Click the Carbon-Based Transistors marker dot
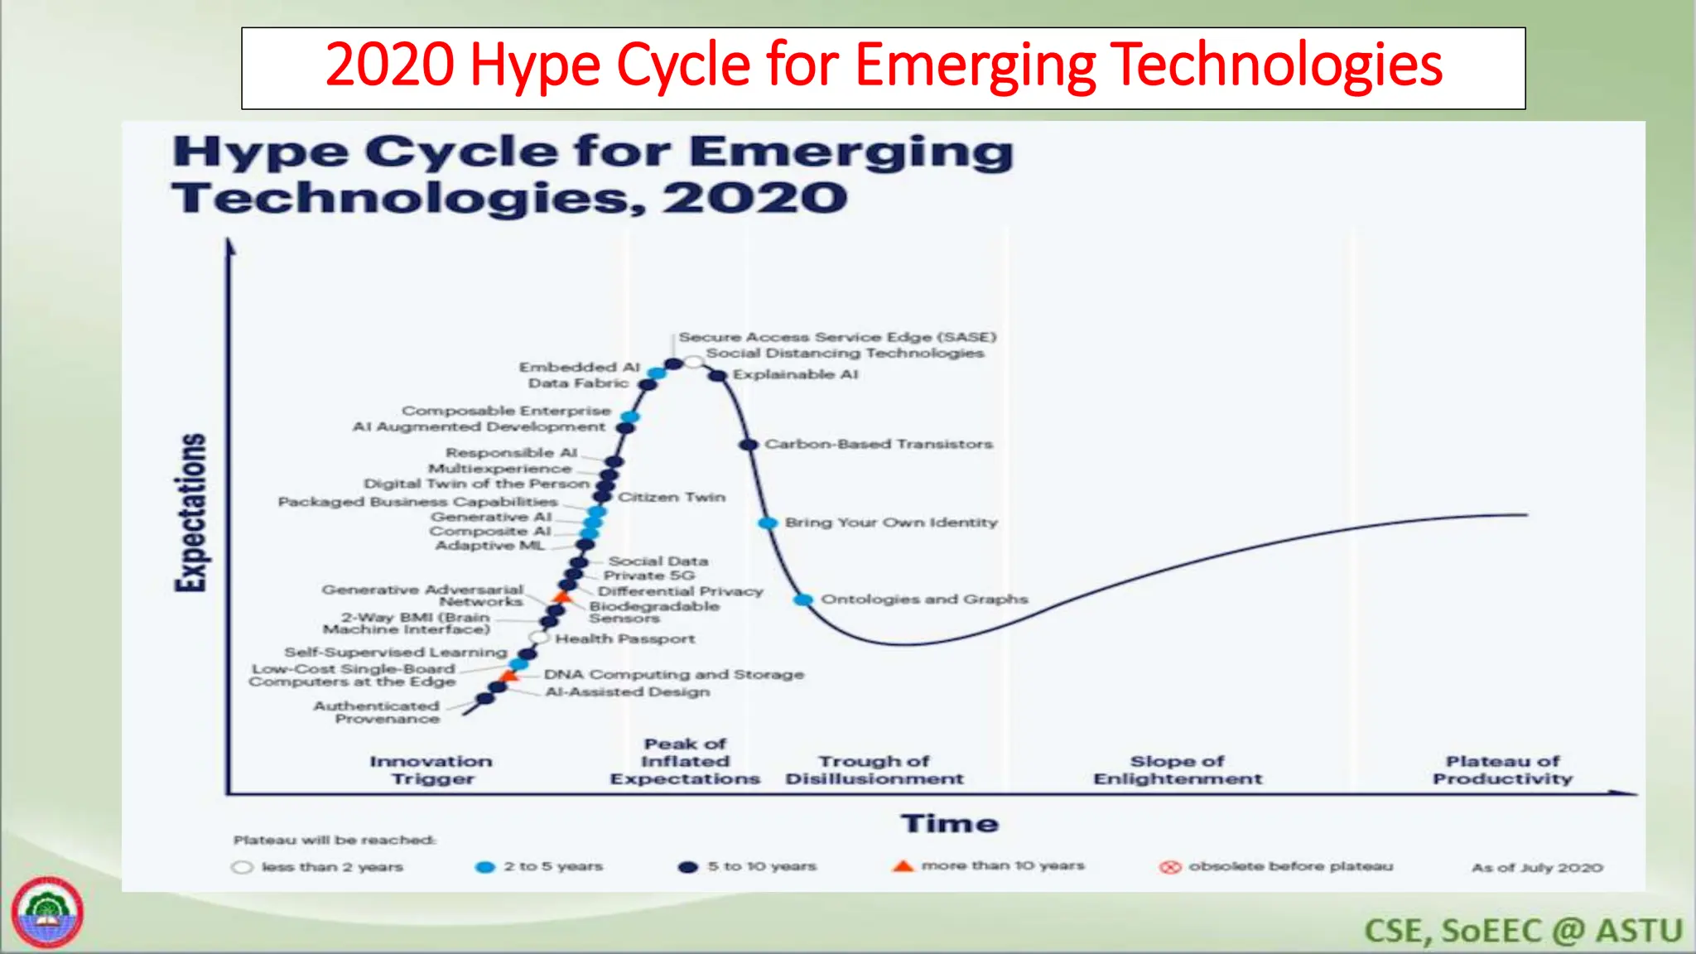[x=749, y=445]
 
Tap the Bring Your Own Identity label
[x=891, y=523]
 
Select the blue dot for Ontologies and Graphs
[x=802, y=600]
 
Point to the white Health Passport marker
[x=539, y=638]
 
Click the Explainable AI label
[x=795, y=374]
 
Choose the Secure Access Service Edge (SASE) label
[x=837, y=337]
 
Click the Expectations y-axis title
[x=191, y=513]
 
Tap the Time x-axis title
[x=950, y=823]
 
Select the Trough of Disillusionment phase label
[x=874, y=770]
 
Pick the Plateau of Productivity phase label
[x=1502, y=770]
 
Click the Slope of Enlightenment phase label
[x=1178, y=770]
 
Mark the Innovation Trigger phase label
[x=431, y=770]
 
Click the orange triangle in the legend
[x=903, y=866]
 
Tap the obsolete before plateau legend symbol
[x=1169, y=867]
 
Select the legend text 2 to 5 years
[x=553, y=866]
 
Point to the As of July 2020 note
[x=1537, y=868]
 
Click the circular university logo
[x=47, y=913]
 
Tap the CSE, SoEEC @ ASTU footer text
[x=1523, y=931]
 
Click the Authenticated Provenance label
[x=378, y=712]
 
